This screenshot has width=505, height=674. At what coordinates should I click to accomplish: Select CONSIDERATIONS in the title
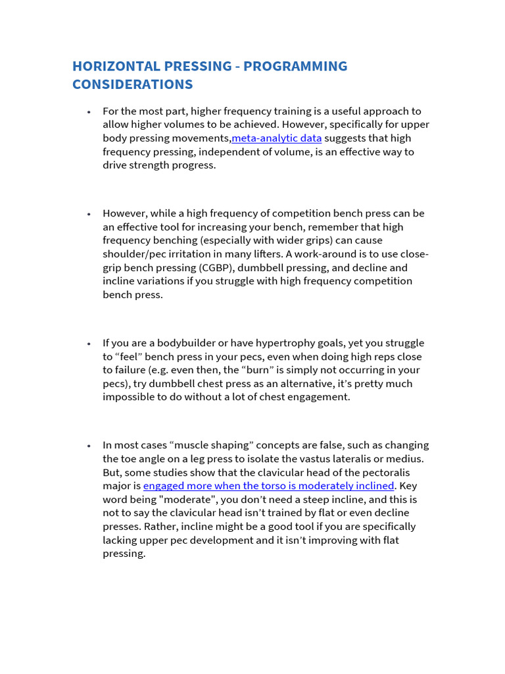point(132,84)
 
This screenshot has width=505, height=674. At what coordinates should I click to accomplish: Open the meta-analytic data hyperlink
point(277,138)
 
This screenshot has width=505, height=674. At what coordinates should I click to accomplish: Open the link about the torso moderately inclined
point(268,486)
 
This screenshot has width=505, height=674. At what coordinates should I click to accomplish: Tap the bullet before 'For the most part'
point(88,112)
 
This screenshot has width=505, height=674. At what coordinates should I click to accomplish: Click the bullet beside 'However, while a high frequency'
point(88,214)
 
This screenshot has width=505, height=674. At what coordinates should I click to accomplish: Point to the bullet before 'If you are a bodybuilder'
point(88,344)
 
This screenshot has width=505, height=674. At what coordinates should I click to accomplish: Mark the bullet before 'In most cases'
point(88,446)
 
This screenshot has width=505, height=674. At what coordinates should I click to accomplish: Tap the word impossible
point(130,397)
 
